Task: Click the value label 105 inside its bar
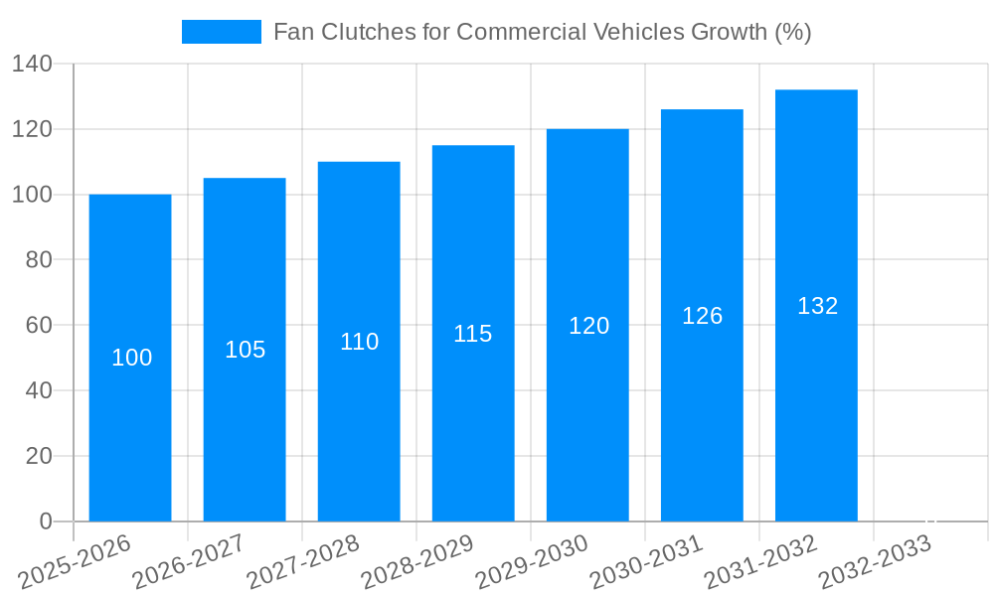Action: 246,350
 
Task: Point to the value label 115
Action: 473,334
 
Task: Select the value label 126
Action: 702,316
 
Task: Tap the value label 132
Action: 817,306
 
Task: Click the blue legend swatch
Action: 221,32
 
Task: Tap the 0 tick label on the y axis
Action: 45,521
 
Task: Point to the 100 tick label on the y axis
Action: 32,195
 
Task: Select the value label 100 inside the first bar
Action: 131,358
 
